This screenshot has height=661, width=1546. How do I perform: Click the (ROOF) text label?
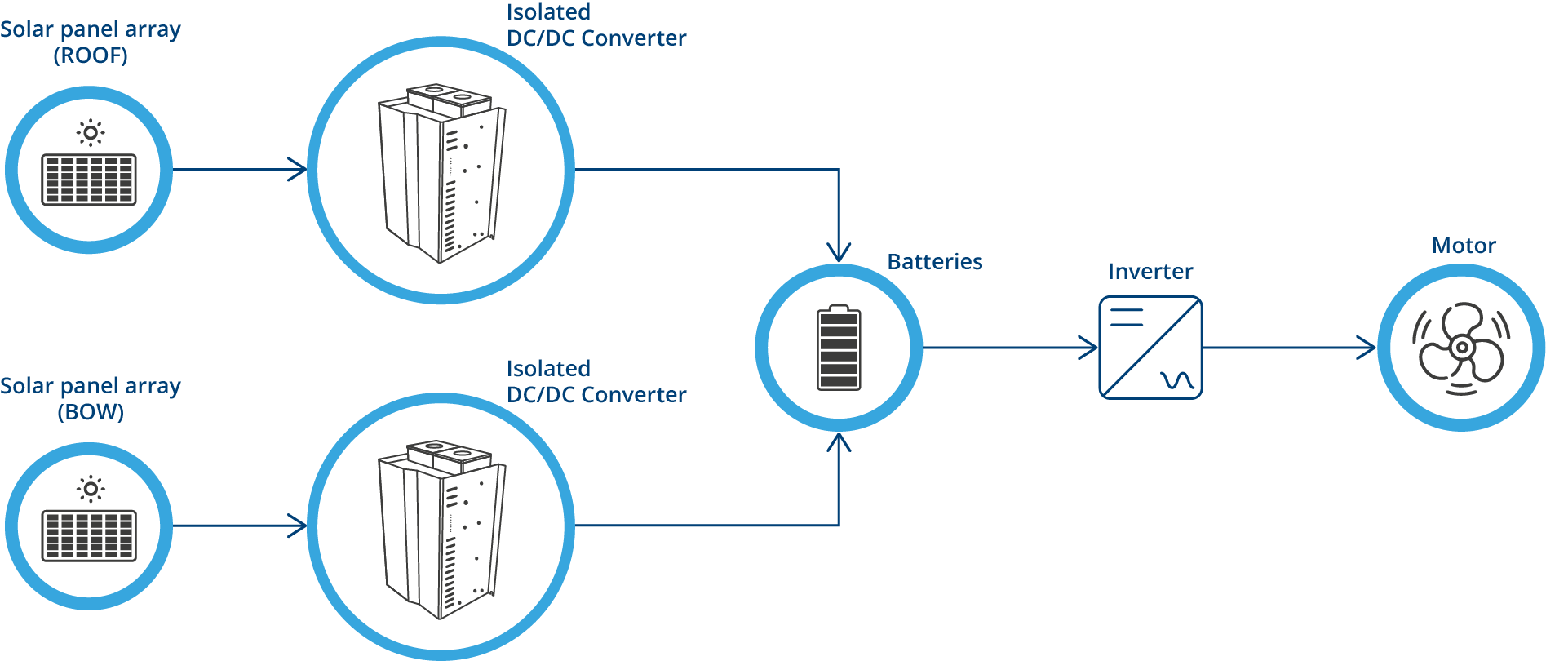tap(91, 55)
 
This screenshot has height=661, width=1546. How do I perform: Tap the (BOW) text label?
tap(91, 412)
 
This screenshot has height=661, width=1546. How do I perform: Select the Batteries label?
tap(934, 262)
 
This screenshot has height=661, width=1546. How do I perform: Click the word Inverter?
tap(1150, 272)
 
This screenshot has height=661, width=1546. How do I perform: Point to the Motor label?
tap(1464, 246)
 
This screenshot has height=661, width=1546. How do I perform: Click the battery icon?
tap(839, 348)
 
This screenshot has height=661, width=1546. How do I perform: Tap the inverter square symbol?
tap(1150, 348)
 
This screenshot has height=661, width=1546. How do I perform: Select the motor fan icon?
tap(1460, 348)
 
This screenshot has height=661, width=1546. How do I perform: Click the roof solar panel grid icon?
tap(89, 180)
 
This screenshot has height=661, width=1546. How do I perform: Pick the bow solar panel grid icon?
tap(89, 535)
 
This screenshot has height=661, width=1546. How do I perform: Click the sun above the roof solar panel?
tap(91, 132)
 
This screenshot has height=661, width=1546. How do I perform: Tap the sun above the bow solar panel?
tap(91, 489)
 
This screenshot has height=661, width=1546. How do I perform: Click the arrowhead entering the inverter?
tap(1090, 348)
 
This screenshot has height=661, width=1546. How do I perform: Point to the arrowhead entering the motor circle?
tap(1367, 348)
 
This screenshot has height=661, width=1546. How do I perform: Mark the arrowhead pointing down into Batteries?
tap(839, 253)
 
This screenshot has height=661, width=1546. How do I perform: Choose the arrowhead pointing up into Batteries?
tap(839, 442)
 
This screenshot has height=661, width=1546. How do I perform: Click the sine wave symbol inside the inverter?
tap(1177, 380)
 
